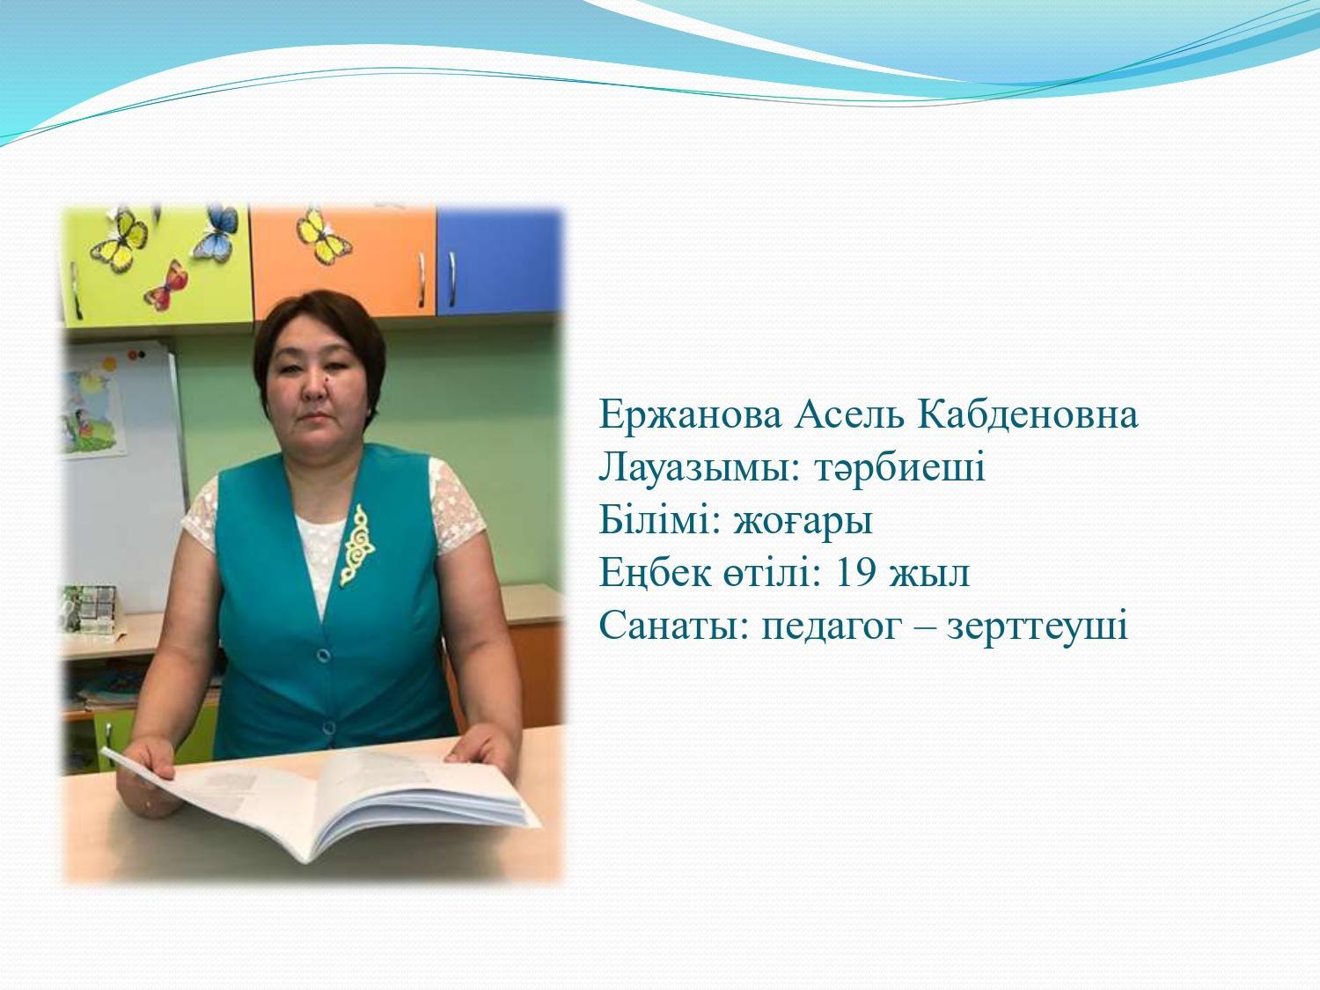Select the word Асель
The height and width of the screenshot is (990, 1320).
click(849, 414)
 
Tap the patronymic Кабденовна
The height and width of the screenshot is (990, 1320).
click(1027, 414)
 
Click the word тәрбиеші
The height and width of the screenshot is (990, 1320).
click(900, 467)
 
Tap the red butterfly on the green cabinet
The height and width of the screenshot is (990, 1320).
click(166, 286)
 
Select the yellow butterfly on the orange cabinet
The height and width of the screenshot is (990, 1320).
click(323, 236)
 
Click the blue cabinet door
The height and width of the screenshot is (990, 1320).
click(499, 262)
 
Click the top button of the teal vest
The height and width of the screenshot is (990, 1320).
click(324, 655)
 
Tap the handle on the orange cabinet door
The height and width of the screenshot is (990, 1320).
click(422, 280)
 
